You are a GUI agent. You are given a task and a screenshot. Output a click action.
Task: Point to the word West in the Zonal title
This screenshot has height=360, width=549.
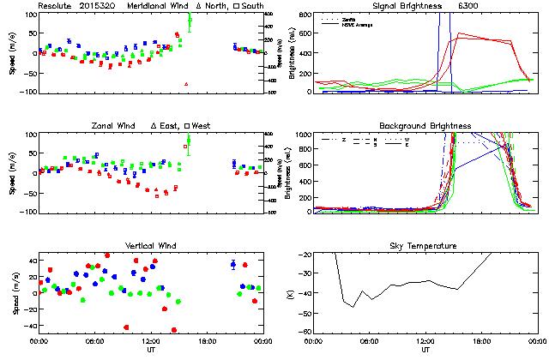pyautogui.click(x=202, y=126)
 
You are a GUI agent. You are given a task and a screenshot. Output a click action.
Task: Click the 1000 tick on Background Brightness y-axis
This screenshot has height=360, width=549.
pyautogui.click(x=303, y=135)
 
